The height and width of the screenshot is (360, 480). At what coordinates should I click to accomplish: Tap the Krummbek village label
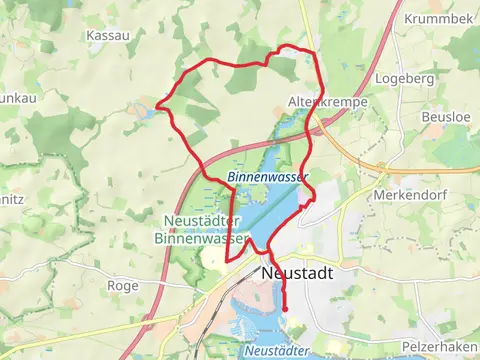click(438, 19)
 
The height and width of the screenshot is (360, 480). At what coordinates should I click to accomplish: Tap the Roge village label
click(123, 285)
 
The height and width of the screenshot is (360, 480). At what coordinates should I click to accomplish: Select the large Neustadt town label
click(296, 272)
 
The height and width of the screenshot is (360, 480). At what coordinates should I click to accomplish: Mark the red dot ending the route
click(285, 309)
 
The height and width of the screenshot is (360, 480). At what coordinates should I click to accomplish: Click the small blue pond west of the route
click(148, 113)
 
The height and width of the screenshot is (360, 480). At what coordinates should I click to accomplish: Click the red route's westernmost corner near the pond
click(160, 102)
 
